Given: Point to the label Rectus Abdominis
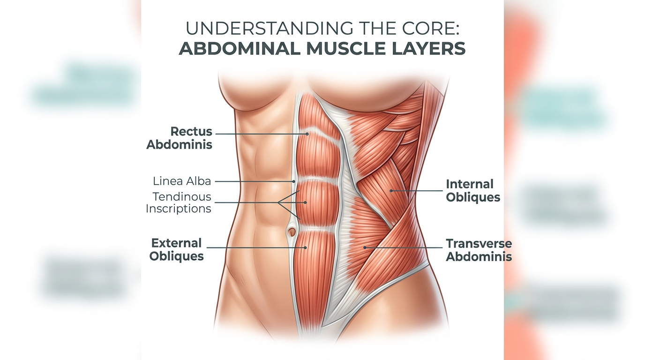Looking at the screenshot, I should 180,138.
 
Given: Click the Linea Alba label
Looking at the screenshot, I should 182,181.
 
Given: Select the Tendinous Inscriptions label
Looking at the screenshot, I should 179,202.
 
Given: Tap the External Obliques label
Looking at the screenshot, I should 176,250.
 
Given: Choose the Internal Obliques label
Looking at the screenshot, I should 472,190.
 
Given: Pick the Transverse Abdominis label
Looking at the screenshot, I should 479,250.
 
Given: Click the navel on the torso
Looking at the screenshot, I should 292,231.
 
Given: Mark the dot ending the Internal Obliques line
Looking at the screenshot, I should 391,190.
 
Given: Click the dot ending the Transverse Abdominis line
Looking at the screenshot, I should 365,247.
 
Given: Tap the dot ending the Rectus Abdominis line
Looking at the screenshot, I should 307,134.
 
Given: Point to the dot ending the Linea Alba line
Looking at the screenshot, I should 294,181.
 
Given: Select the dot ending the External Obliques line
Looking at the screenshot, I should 305,247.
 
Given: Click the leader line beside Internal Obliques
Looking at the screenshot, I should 417,190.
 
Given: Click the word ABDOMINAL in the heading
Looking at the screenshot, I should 239,48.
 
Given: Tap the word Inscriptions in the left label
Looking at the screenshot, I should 179,209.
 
